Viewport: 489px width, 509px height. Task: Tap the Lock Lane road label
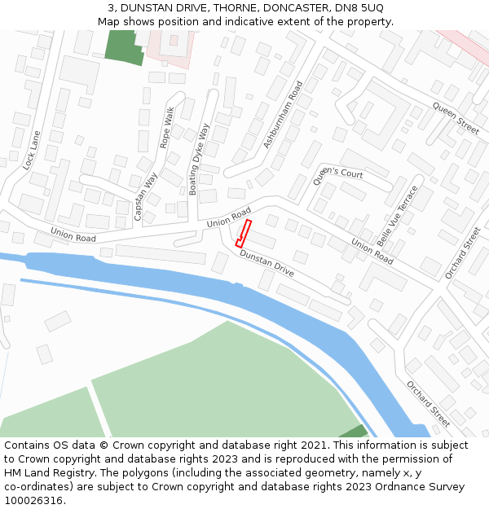pyautogui.click(x=32, y=150)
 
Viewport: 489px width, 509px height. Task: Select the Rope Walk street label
pyautogui.click(x=167, y=128)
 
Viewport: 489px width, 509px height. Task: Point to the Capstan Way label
pyautogui.click(x=146, y=197)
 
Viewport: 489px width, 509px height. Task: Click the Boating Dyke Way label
pyautogui.click(x=199, y=160)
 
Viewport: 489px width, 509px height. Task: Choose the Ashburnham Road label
pyautogui.click(x=283, y=114)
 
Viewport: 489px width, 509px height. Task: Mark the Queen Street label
pyautogui.click(x=456, y=118)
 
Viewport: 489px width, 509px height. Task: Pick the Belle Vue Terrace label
pyautogui.click(x=397, y=215)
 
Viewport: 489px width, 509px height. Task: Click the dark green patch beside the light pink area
pyautogui.click(x=124, y=46)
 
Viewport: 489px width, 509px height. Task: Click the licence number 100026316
pyautogui.click(x=34, y=501)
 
